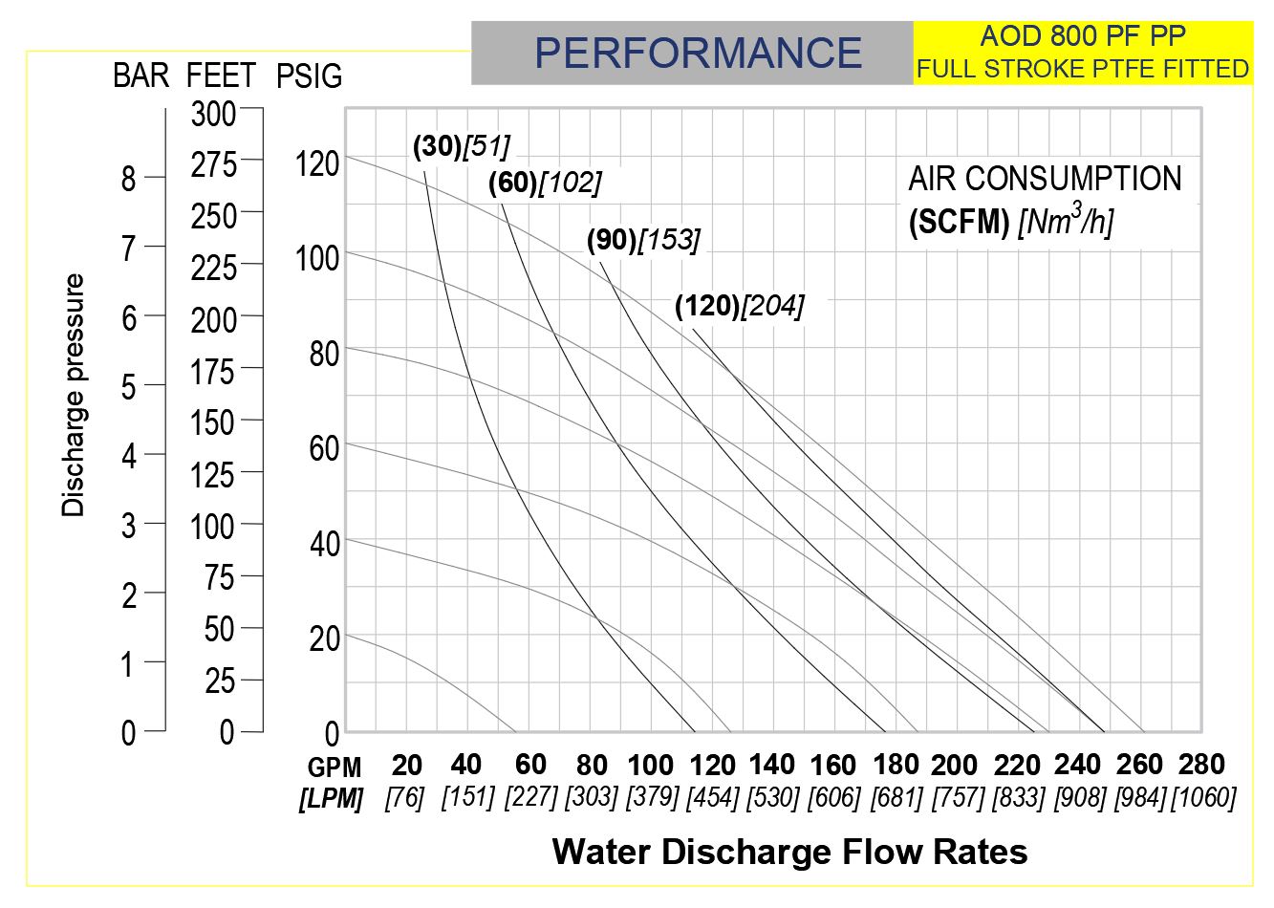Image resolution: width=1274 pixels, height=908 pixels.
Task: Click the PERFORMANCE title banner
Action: [698, 52]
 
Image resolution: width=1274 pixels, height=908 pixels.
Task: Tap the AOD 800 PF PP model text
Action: [1083, 36]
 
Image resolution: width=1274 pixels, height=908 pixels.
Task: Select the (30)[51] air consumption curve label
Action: [462, 145]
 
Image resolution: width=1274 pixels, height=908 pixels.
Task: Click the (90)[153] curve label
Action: [643, 240]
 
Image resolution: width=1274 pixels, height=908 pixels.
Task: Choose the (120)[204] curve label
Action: [739, 306]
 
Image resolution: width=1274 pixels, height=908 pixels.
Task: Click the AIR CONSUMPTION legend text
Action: [1045, 179]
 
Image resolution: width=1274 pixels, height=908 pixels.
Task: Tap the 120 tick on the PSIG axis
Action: [316, 163]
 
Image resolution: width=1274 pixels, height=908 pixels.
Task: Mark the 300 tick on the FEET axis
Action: [213, 114]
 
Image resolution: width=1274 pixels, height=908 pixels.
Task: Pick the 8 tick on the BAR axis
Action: [129, 179]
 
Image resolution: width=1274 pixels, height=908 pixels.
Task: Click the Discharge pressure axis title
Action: [74, 395]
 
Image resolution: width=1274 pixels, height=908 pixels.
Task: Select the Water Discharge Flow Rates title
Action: [789, 851]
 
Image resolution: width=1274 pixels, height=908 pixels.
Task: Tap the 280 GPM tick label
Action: [1201, 764]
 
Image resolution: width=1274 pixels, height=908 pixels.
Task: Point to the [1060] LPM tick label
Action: [1204, 797]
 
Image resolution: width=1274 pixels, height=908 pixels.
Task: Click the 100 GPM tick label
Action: [651, 765]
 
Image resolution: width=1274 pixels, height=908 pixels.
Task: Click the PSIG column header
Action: [309, 76]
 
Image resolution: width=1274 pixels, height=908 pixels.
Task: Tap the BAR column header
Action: [141, 76]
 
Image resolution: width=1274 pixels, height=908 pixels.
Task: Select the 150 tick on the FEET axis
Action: [212, 422]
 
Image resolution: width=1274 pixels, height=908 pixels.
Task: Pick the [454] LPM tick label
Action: [713, 797]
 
